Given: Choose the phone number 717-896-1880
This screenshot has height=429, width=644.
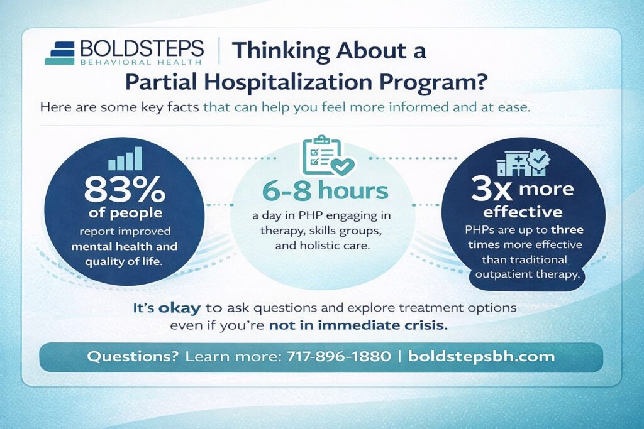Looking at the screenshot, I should click(339, 357).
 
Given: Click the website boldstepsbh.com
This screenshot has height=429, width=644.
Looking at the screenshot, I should click(481, 357).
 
